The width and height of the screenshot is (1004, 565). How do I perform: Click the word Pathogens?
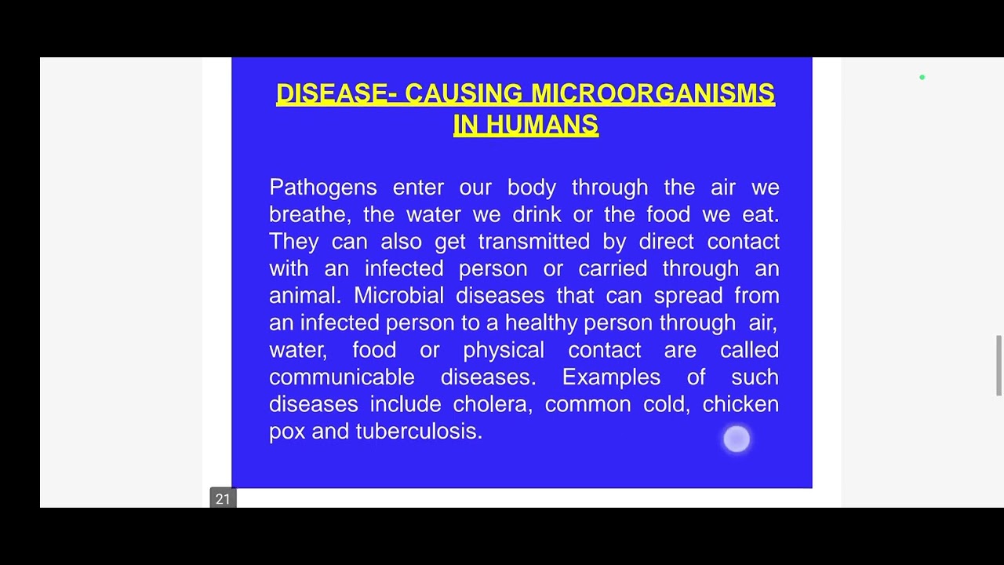pyautogui.click(x=322, y=188)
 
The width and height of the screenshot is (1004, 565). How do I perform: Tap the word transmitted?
pyautogui.click(x=533, y=242)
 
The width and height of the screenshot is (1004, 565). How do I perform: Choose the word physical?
pyautogui.click(x=503, y=350)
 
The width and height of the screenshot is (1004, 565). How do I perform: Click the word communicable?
pyautogui.click(x=341, y=377)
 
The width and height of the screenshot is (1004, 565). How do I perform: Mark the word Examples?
pyautogui.click(x=611, y=377)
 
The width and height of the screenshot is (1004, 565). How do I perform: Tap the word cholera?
pyautogui.click(x=492, y=404)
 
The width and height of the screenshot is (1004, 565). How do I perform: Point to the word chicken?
pyautogui.click(x=740, y=404)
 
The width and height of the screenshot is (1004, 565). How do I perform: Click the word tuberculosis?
pyautogui.click(x=418, y=432)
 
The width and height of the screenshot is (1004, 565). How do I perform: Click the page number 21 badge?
pyautogui.click(x=223, y=499)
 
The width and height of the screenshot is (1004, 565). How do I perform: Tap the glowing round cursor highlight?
pyautogui.click(x=737, y=439)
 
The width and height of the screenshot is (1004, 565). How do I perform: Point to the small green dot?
pyautogui.click(x=922, y=78)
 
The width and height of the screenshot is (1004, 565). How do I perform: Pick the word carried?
pyautogui.click(x=612, y=269)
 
